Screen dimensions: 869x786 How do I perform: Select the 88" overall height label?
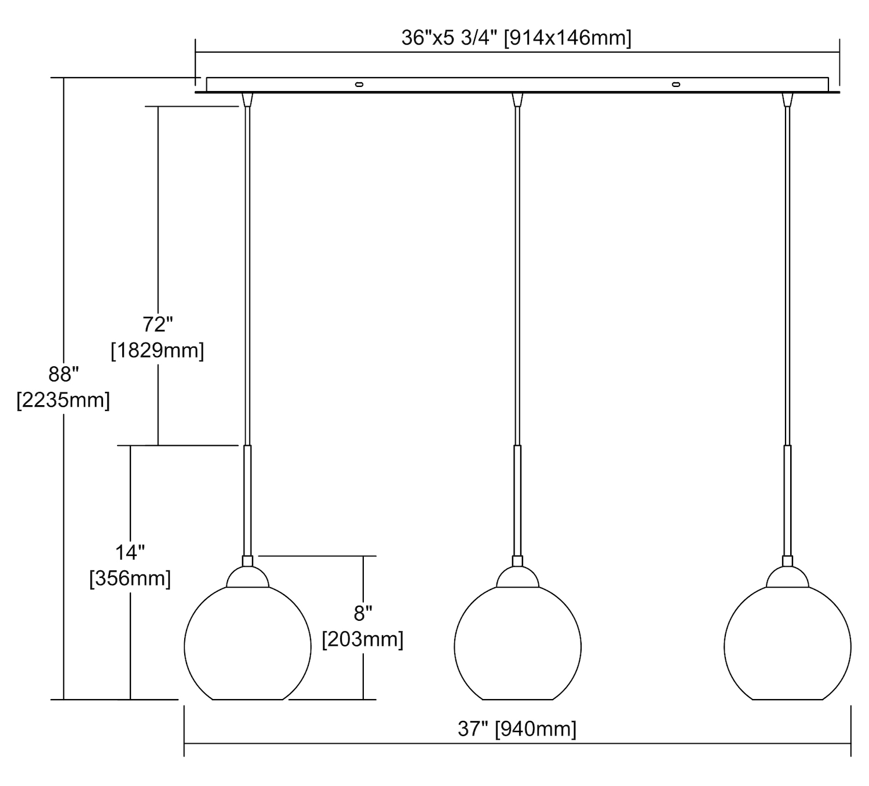(63, 374)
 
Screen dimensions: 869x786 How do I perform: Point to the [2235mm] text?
(63, 400)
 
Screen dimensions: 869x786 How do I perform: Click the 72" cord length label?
(158, 324)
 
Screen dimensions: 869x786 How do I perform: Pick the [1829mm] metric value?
(158, 350)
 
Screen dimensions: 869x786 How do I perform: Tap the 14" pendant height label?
(130, 553)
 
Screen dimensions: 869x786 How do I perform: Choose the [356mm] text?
(130, 578)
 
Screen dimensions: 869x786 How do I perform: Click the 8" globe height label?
(363, 613)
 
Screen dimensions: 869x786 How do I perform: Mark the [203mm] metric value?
(363, 639)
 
